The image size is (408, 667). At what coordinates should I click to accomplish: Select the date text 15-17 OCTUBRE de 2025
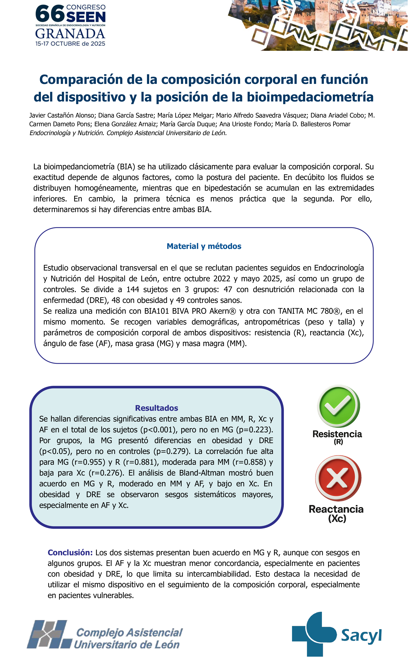coord(70,44)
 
